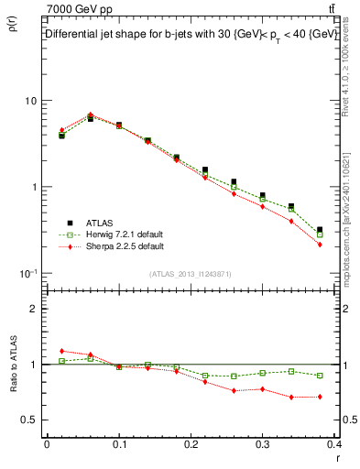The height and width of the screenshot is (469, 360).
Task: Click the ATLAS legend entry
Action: tap(100, 222)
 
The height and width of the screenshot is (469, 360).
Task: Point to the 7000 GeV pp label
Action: tap(78, 9)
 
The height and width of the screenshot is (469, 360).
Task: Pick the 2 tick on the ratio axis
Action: tap(34, 309)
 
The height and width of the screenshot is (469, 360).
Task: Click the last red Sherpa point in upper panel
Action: tap(320, 245)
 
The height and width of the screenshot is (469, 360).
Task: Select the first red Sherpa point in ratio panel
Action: tap(61, 351)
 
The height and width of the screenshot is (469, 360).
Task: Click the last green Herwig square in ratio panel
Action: tap(320, 376)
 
